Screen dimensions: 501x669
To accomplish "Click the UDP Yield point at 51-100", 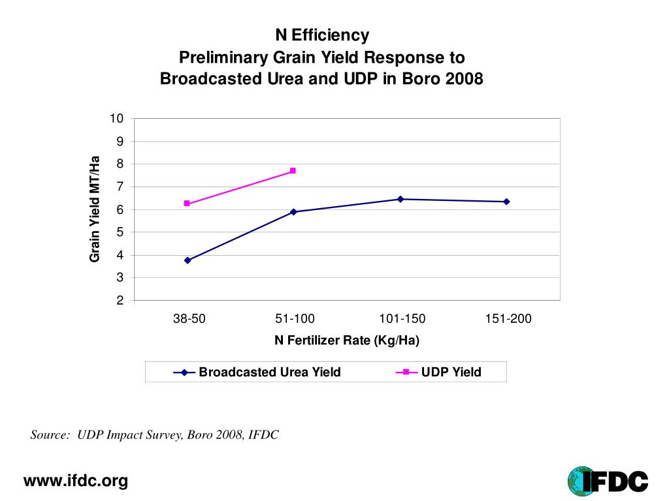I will pos(293,171).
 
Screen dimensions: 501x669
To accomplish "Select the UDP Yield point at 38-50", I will pos(187,204).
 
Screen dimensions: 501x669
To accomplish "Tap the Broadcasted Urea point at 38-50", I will pos(188,260).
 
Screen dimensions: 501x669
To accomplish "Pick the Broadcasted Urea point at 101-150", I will pos(400,199).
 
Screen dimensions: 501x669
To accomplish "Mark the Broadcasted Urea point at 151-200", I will pos(506,202).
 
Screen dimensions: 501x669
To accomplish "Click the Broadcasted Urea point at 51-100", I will pos(293,212).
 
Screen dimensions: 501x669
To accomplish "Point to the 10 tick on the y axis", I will pos(117,119).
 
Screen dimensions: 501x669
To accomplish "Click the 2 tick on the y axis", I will pos(120,301).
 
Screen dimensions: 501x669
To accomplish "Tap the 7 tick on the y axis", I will pos(120,187).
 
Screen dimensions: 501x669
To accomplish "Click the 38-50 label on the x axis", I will pos(189,319).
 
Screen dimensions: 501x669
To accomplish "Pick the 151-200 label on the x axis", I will pos(508,319).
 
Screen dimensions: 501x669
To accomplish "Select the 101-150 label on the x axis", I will pos(402,319).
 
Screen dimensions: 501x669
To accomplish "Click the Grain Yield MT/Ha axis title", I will pos(95,209).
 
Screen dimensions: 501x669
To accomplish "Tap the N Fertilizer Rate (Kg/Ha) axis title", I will pos(346,341).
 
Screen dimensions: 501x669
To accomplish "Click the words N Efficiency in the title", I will pos(321,35).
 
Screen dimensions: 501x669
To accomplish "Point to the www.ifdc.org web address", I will pos(76,481).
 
